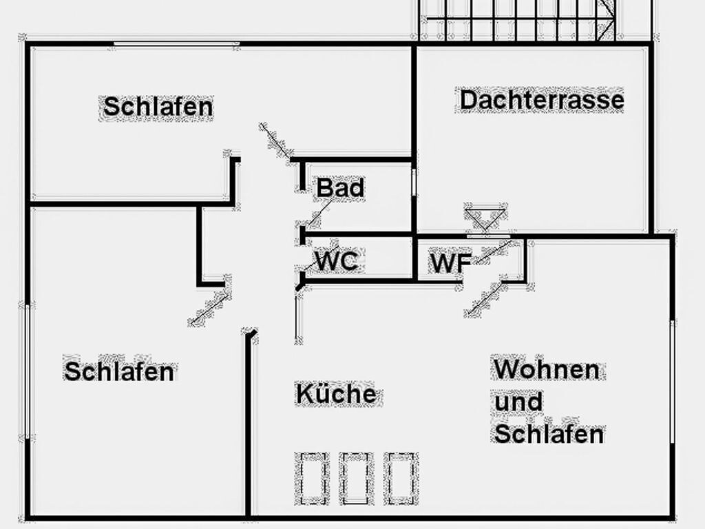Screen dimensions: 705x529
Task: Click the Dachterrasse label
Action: [x=542, y=100]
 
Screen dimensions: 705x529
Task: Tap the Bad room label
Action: [x=340, y=188]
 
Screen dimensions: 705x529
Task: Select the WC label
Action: [x=337, y=261]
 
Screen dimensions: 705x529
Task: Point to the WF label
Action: [x=450, y=262]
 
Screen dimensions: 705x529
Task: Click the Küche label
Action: [x=336, y=393]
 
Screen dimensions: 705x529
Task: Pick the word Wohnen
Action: [x=547, y=369]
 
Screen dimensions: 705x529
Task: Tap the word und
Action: [x=518, y=402]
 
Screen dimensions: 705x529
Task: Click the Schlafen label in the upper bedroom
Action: [x=158, y=107]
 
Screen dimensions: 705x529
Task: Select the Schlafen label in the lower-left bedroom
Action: [x=119, y=371]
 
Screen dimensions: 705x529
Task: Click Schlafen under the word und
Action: [x=549, y=434]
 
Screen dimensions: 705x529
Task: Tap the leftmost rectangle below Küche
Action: [x=312, y=479]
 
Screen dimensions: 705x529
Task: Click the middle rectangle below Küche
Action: [x=356, y=479]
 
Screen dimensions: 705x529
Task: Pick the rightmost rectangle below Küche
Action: [x=401, y=479]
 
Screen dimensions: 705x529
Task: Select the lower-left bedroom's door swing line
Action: [x=210, y=308]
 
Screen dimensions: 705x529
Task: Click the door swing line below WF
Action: [x=485, y=298]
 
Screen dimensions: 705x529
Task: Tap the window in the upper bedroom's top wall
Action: [x=176, y=44]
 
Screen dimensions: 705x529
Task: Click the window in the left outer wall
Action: [x=28, y=371]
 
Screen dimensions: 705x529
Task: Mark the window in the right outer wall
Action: [x=673, y=382]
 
